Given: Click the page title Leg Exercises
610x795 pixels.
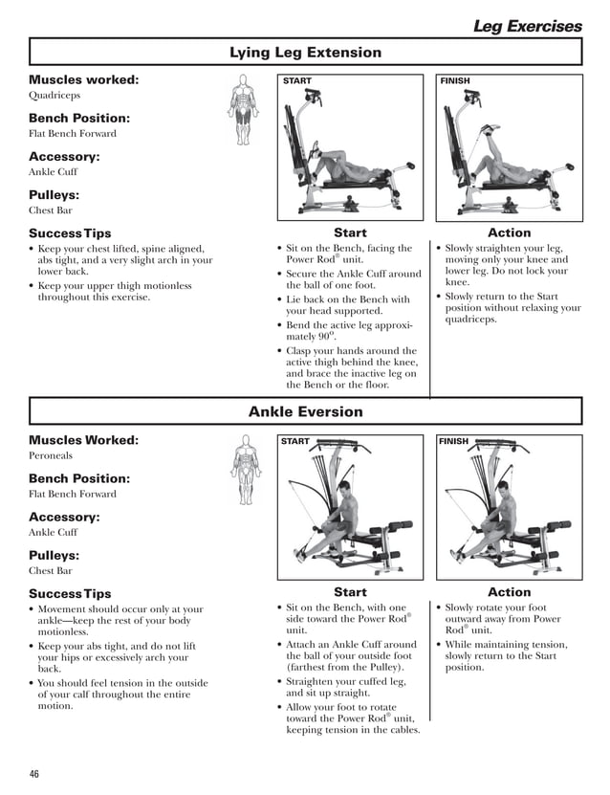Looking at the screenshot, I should tap(527, 26).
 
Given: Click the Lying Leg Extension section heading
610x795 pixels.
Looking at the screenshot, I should tap(305, 53).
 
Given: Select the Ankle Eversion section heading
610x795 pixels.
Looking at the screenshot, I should tap(305, 412).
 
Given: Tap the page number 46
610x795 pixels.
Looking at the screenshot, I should tap(34, 774).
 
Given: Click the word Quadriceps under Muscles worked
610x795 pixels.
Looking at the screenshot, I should tap(54, 96).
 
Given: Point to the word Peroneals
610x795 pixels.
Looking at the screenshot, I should tap(53, 456).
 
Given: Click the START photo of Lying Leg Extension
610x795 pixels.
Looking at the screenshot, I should tap(350, 148).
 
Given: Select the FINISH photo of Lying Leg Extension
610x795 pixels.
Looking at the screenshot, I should tap(510, 148).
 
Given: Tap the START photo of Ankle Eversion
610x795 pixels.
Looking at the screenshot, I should tap(350, 508).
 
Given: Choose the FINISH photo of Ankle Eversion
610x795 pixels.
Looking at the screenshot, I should tap(510, 508).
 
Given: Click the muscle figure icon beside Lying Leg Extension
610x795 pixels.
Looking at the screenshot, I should tap(244, 110).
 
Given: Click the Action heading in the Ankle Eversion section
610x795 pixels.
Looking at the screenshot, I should tap(509, 592).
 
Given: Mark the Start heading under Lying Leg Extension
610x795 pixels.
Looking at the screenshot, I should tap(350, 232).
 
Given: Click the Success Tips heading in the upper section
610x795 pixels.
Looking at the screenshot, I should tap(70, 233).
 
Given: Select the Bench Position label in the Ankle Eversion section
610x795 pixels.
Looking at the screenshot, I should tap(79, 478).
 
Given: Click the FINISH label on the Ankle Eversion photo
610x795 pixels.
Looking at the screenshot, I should tap(454, 441).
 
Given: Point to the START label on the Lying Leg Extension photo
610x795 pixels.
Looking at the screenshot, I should tap(296, 81).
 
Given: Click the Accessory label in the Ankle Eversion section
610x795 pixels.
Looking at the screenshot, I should tap(64, 517).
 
